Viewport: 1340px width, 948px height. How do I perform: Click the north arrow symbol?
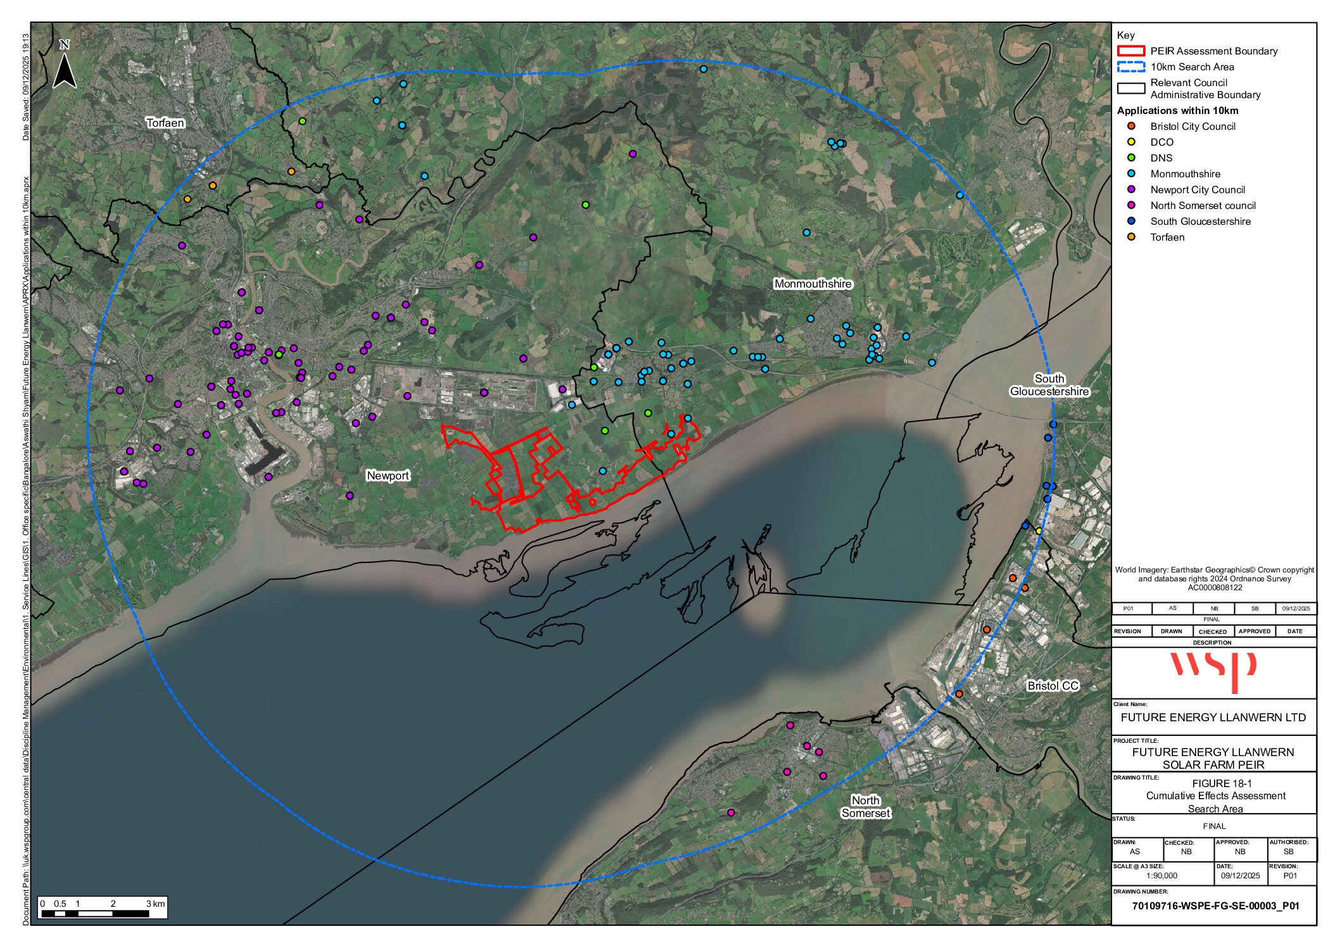pyautogui.click(x=65, y=66)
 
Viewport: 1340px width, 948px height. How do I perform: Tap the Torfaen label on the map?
pyautogui.click(x=165, y=123)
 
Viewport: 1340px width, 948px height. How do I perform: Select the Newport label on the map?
pyautogui.click(x=388, y=476)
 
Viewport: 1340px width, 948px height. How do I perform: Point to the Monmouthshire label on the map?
pyautogui.click(x=813, y=284)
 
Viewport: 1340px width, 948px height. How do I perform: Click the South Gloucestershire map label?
pyautogui.click(x=1049, y=385)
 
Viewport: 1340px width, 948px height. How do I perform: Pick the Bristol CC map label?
pyautogui.click(x=1053, y=686)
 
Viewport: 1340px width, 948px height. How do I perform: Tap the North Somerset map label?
pyautogui.click(x=865, y=807)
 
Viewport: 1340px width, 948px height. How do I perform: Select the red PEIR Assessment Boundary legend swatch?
pyautogui.click(x=1130, y=51)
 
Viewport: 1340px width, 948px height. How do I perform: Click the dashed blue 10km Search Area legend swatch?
pyautogui.click(x=1130, y=67)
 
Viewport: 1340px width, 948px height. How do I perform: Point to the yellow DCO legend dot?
pyautogui.click(x=1131, y=142)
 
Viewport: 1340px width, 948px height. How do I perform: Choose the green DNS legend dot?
pyautogui.click(x=1131, y=158)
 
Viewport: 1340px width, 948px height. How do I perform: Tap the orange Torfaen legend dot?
pyautogui.click(x=1131, y=237)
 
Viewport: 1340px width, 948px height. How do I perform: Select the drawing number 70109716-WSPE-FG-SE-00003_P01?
pyautogui.click(x=1215, y=906)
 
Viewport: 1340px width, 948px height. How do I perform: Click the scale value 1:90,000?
pyautogui.click(x=1162, y=876)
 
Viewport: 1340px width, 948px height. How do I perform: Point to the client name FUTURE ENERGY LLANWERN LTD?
pyautogui.click(x=1213, y=717)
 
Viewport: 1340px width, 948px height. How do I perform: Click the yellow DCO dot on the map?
pyautogui.click(x=1039, y=531)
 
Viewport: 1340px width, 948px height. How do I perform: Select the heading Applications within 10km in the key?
pyautogui.click(x=1177, y=111)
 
